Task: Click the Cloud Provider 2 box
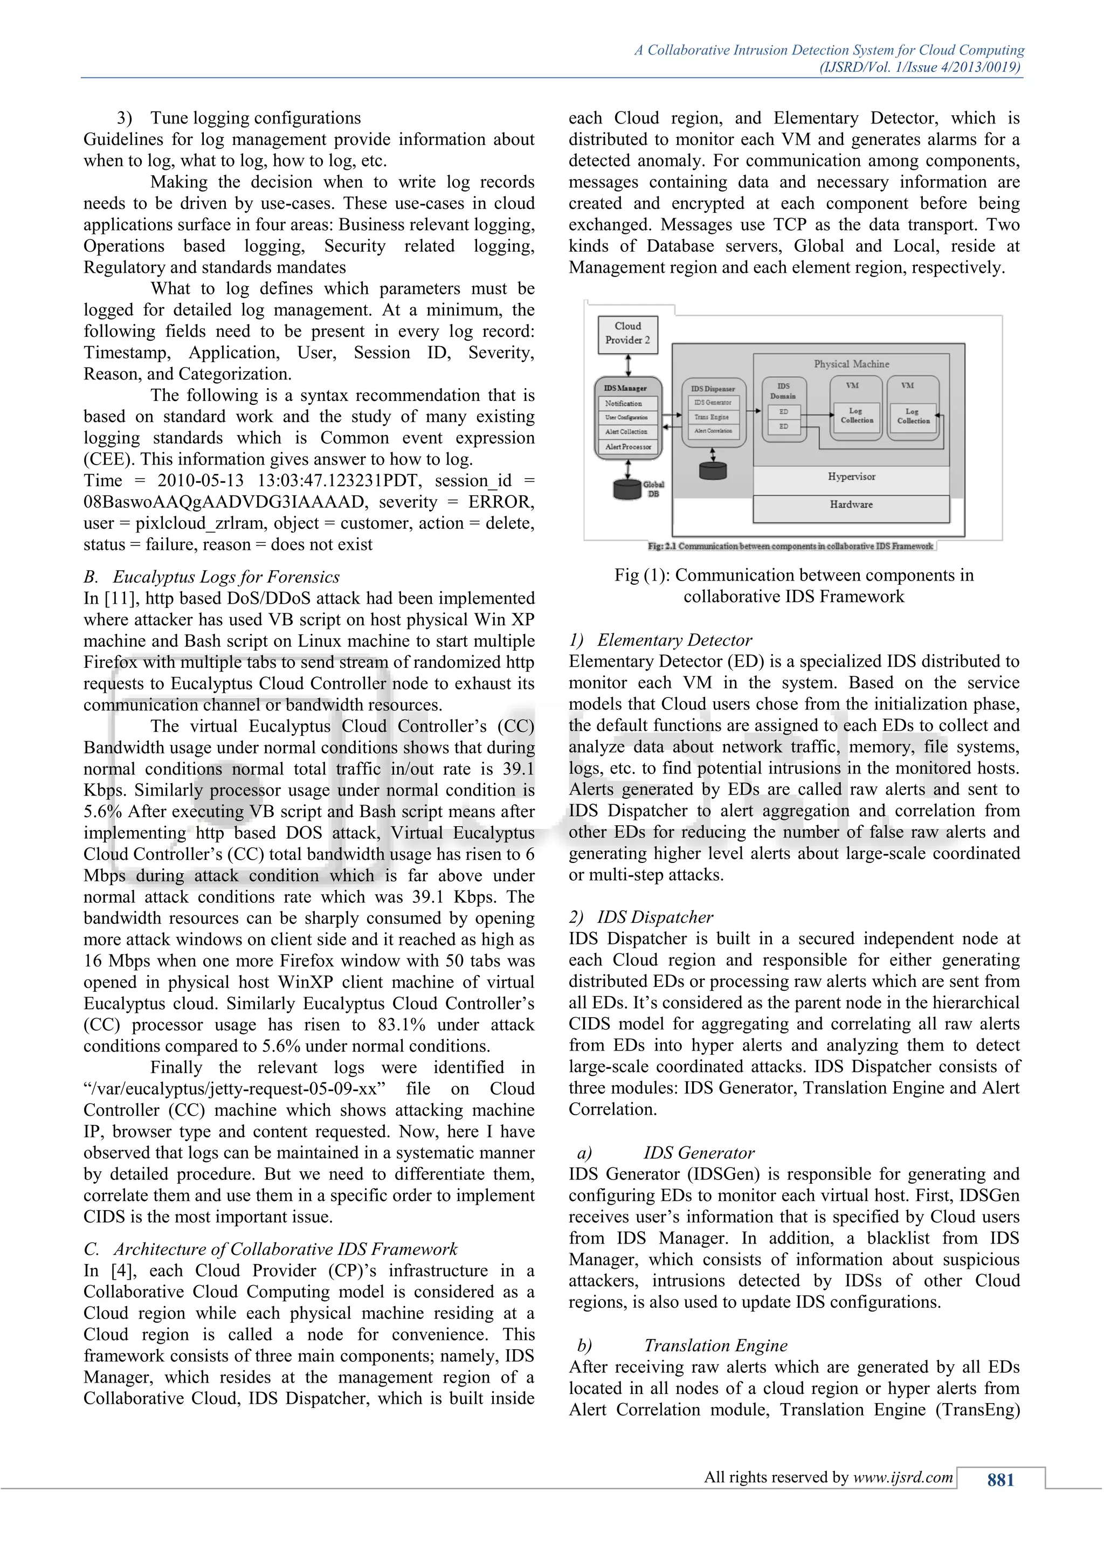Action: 627,333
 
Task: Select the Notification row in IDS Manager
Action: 627,403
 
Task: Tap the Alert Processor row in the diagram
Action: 627,447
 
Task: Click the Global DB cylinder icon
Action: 627,489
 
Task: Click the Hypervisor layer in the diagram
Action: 851,476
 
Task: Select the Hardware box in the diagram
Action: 851,505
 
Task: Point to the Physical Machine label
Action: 851,364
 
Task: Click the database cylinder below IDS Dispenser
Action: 713,470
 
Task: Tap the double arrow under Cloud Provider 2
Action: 627,365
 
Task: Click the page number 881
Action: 1000,1480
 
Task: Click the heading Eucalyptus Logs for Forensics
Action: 226,577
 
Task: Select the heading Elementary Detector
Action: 674,640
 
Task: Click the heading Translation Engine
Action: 715,1345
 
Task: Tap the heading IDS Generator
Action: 699,1152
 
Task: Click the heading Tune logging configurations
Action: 255,118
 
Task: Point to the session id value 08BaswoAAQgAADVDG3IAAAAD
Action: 224,502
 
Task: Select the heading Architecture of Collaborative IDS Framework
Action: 286,1249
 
